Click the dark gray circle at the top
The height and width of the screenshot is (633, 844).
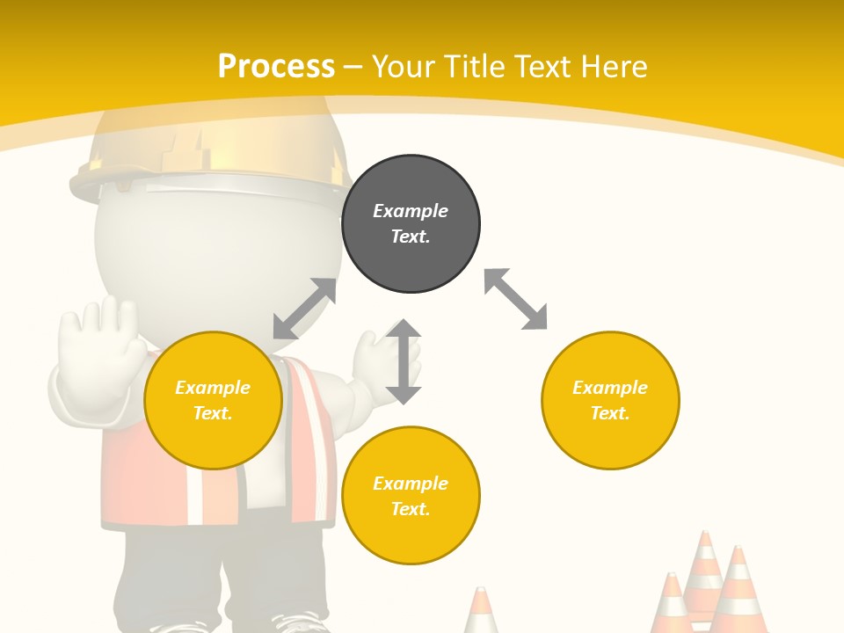[x=411, y=224]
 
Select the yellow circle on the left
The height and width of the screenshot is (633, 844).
[x=213, y=400]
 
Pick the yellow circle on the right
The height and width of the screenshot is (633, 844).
[x=610, y=400]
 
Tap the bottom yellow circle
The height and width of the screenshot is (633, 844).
[x=411, y=496]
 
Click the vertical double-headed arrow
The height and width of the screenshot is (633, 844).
[x=404, y=361]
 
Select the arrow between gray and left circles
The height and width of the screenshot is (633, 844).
[x=304, y=309]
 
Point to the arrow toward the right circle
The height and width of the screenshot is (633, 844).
[x=516, y=299]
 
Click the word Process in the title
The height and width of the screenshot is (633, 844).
[x=276, y=66]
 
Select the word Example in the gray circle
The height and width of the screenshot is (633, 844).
[x=411, y=211]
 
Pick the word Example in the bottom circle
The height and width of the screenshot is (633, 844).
[x=411, y=484]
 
